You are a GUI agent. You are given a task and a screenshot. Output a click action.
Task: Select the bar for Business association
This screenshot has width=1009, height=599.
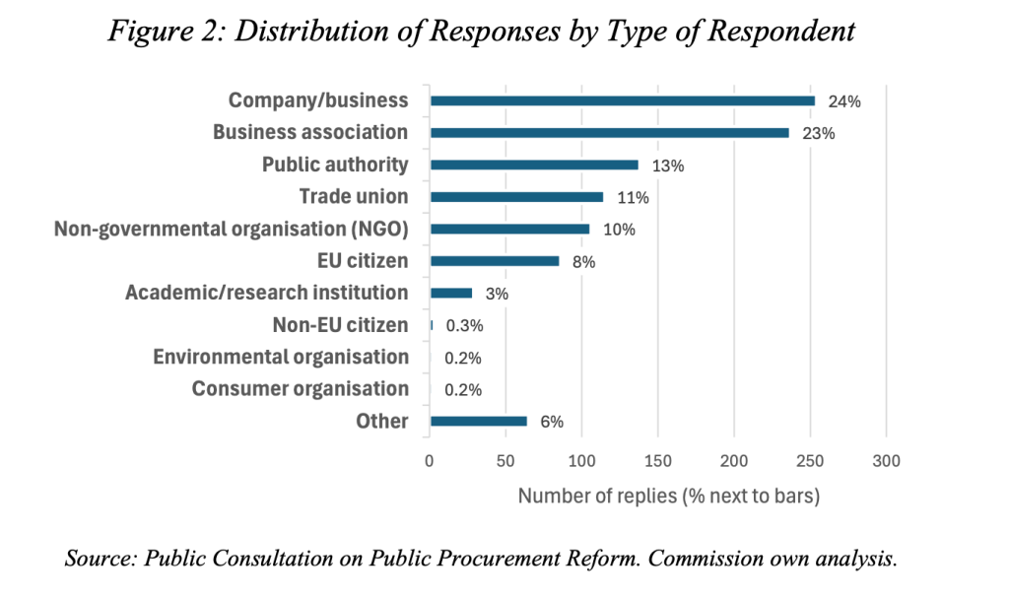click(610, 132)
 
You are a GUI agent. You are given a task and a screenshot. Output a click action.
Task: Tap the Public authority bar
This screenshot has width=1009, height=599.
click(534, 165)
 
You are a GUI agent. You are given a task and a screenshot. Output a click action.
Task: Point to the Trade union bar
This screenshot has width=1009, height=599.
click(517, 197)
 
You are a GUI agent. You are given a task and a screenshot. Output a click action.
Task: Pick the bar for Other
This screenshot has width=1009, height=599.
click(479, 422)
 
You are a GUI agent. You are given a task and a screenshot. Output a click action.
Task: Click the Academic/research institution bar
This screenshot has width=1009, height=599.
click(451, 293)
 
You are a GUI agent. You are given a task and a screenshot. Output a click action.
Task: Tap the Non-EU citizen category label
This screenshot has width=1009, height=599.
click(340, 325)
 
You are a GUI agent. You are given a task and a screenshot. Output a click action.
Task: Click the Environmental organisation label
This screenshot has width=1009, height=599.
click(281, 357)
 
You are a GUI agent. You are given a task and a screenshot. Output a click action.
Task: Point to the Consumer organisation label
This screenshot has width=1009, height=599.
click(301, 389)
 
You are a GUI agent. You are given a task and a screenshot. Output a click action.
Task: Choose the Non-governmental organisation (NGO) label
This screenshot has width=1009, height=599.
click(232, 229)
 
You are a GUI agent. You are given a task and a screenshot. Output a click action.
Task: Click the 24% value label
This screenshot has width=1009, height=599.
click(845, 101)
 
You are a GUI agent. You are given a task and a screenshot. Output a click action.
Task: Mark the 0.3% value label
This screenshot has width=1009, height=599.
click(464, 325)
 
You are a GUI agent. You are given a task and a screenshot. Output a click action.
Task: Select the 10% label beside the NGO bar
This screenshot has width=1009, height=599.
click(619, 230)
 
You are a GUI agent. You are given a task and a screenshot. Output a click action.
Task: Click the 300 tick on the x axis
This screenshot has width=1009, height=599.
click(886, 460)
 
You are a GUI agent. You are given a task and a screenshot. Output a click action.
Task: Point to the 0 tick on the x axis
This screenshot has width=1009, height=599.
click(430, 460)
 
